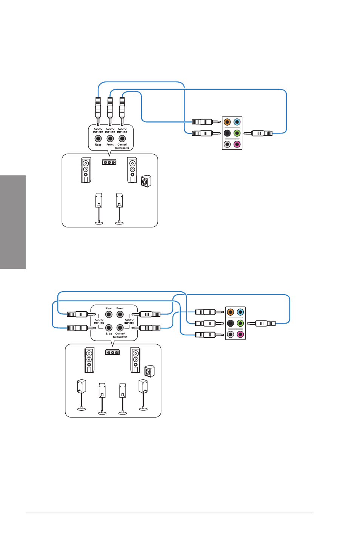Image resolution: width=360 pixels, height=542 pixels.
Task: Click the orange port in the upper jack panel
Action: pos(227,122)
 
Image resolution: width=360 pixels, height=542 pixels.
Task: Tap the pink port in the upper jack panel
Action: pos(237,144)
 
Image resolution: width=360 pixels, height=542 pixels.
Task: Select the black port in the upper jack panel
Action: pos(227,133)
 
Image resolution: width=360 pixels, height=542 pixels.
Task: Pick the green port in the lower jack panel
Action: pos(240,323)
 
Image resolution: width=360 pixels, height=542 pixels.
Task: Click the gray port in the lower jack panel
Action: pos(230,335)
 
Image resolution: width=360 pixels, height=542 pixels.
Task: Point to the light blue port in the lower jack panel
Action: pos(240,312)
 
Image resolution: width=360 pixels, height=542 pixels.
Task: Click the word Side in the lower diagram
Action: pos(109,334)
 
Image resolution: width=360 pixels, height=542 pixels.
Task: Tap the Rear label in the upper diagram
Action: pos(98,145)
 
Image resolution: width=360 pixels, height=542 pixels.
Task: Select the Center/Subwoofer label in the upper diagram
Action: pos(122,146)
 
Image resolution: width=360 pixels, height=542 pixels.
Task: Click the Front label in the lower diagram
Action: pos(120,308)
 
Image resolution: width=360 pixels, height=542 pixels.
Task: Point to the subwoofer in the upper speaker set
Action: pos(146,181)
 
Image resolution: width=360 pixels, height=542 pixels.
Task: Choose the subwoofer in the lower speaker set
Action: pos(149,372)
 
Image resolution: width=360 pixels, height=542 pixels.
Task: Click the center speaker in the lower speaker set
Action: pos(112,352)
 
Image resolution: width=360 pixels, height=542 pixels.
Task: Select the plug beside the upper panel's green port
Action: pos(258,133)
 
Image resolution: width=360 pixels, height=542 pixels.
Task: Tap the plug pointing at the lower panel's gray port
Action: pos(209,335)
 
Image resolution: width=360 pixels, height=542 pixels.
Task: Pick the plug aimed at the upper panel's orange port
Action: pos(206,122)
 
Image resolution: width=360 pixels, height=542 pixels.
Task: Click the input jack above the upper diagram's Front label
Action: pos(110,139)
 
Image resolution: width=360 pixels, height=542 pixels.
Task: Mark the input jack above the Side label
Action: pos(109,328)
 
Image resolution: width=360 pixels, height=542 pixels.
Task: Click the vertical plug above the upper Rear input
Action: pos(98,112)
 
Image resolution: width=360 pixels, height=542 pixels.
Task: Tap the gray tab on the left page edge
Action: pos(13,222)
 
